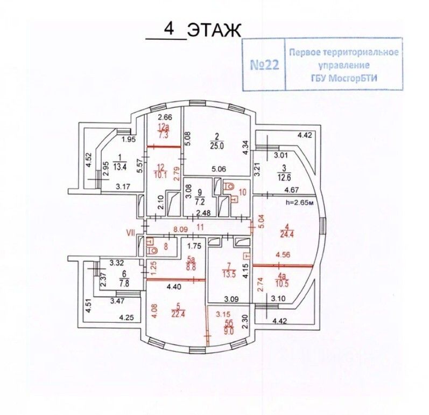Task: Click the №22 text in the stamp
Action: click(265, 65)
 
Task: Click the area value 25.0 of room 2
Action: click(216, 145)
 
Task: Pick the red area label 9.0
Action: click(229, 332)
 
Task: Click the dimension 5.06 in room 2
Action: click(218, 168)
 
